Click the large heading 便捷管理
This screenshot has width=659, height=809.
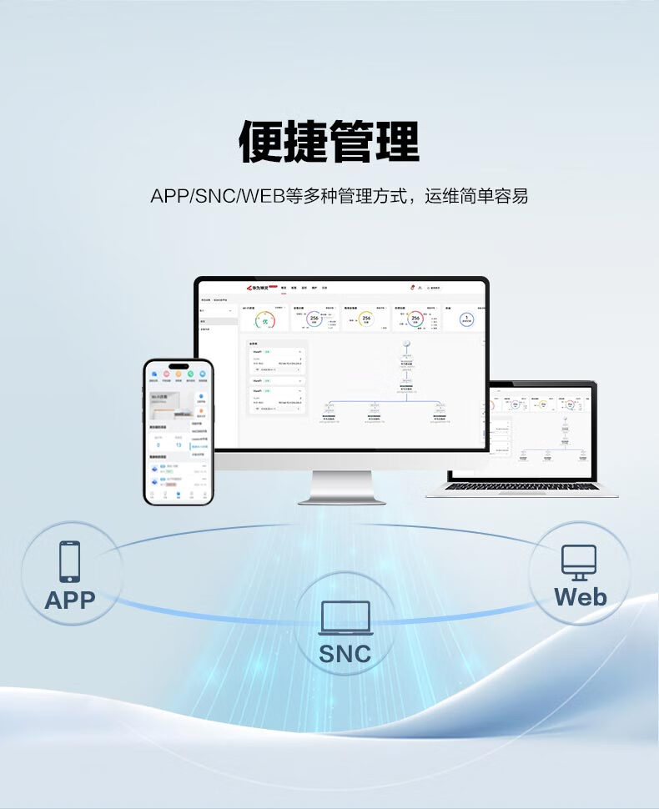pyautogui.click(x=329, y=142)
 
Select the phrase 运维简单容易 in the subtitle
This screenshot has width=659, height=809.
pyautogui.click(x=476, y=197)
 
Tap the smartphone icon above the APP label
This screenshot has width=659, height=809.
pyautogui.click(x=70, y=561)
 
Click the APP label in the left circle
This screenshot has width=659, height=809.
pyautogui.click(x=70, y=600)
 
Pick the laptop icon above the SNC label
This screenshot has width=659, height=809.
pyautogui.click(x=345, y=619)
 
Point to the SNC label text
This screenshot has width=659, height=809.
pyautogui.click(x=345, y=654)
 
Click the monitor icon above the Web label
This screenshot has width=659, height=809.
pyautogui.click(x=579, y=562)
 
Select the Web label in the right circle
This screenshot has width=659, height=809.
pyautogui.click(x=580, y=597)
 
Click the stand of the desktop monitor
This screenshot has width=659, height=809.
pyautogui.click(x=342, y=487)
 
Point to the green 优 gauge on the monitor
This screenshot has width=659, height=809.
pyautogui.click(x=265, y=319)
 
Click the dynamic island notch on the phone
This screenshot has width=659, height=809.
pyautogui.click(x=179, y=366)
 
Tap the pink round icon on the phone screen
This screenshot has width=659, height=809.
pyautogui.click(x=164, y=374)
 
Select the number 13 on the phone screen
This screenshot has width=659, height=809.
pyautogui.click(x=178, y=445)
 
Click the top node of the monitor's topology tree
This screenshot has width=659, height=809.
pyautogui.click(x=407, y=344)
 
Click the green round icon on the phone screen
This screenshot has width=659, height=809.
pyautogui.click(x=189, y=374)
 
